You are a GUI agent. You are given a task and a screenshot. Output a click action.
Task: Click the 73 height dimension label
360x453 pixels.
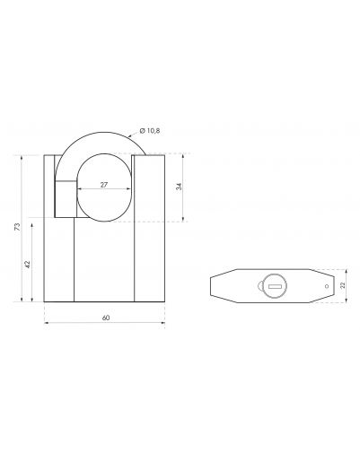click(x=18, y=227)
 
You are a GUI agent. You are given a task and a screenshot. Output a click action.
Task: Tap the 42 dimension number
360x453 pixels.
click(x=28, y=265)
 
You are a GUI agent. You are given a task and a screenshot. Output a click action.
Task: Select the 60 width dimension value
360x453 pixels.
click(x=106, y=318)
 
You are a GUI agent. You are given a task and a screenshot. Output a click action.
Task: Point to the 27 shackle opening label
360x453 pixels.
click(x=103, y=185)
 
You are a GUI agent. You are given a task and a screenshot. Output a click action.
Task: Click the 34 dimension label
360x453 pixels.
click(x=179, y=187)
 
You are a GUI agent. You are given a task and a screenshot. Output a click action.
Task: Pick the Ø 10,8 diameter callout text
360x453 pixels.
click(x=150, y=131)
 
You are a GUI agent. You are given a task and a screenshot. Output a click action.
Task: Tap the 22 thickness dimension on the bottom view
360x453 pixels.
click(x=343, y=285)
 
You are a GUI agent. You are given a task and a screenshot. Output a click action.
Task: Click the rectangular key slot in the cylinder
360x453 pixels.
click(x=275, y=286)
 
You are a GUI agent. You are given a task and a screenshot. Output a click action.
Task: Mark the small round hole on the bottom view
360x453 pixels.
click(x=327, y=286)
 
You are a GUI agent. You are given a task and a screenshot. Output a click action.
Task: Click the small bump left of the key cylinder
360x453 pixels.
click(x=259, y=286)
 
